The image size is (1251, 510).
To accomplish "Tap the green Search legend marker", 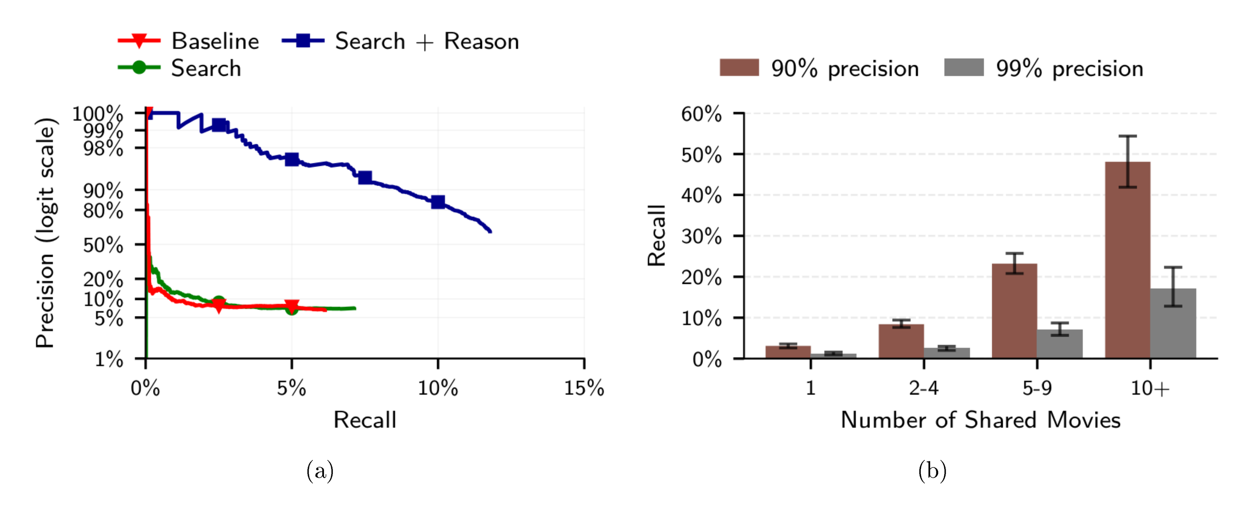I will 139,68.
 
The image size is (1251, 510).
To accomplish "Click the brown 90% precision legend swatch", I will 739,68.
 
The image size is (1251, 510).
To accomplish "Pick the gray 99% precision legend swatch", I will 964,68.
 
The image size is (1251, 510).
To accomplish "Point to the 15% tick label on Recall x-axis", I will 584,389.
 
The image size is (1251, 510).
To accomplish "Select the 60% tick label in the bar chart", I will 701,115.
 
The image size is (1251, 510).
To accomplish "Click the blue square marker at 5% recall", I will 292,159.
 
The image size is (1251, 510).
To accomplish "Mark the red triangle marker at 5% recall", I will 292,306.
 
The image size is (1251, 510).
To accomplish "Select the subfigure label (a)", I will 320,471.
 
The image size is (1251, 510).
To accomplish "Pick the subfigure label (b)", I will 932,471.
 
